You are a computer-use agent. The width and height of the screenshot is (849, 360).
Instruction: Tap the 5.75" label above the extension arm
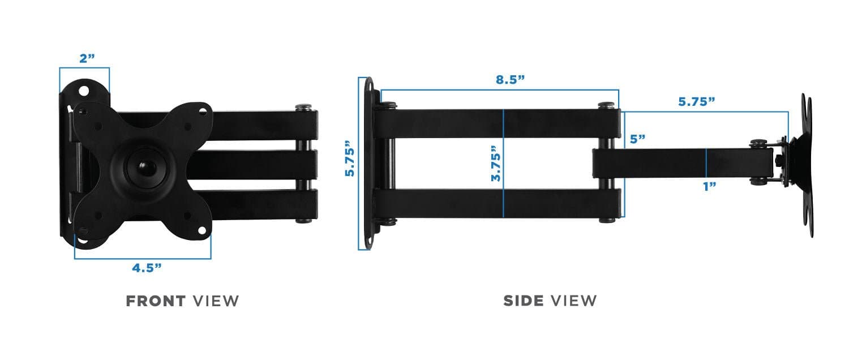[697, 101]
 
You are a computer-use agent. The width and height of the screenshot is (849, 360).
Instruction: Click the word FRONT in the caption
[156, 301]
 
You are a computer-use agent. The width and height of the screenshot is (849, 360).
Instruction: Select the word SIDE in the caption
[524, 301]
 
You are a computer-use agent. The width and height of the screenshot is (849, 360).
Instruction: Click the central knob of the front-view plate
[141, 166]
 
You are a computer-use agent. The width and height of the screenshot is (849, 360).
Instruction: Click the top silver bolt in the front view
[305, 106]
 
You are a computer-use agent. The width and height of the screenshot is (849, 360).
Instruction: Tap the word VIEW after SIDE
[574, 301]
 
